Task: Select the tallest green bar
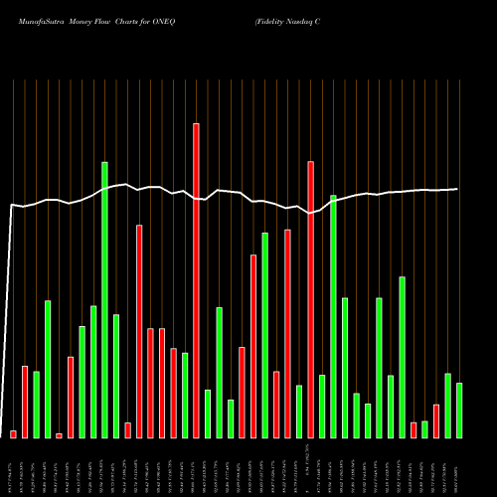[104, 299]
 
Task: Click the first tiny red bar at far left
[13, 433]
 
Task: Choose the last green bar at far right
[459, 410]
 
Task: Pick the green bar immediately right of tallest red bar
[208, 414]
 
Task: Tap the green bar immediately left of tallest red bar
[185, 395]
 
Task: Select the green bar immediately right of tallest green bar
[116, 376]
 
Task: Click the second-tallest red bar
[310, 299]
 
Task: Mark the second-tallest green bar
[333, 316]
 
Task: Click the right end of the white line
[457, 189]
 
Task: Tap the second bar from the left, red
[25, 402]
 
